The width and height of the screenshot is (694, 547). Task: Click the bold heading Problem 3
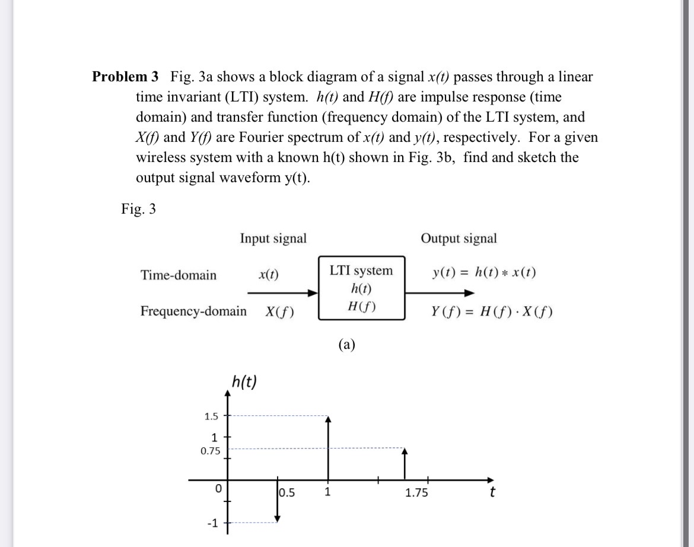click(x=125, y=77)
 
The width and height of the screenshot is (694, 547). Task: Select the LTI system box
click(x=361, y=288)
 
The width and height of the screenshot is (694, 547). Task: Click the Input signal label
click(x=273, y=238)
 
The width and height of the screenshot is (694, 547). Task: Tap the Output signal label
click(x=459, y=238)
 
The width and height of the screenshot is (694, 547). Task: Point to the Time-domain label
click(x=179, y=275)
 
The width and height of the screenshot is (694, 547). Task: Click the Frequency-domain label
click(x=193, y=311)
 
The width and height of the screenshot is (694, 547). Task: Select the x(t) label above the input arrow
click(x=269, y=274)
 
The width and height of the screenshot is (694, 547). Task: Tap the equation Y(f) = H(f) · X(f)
click(x=492, y=311)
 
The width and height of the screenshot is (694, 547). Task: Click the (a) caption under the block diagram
click(x=346, y=345)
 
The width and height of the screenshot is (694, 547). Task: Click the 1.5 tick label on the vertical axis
click(x=211, y=416)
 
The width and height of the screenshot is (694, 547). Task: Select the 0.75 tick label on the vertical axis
click(x=210, y=451)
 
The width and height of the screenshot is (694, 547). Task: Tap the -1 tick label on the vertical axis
click(x=212, y=523)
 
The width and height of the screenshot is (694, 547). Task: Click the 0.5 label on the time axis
click(x=288, y=492)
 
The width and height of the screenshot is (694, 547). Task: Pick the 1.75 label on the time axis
click(x=416, y=492)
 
